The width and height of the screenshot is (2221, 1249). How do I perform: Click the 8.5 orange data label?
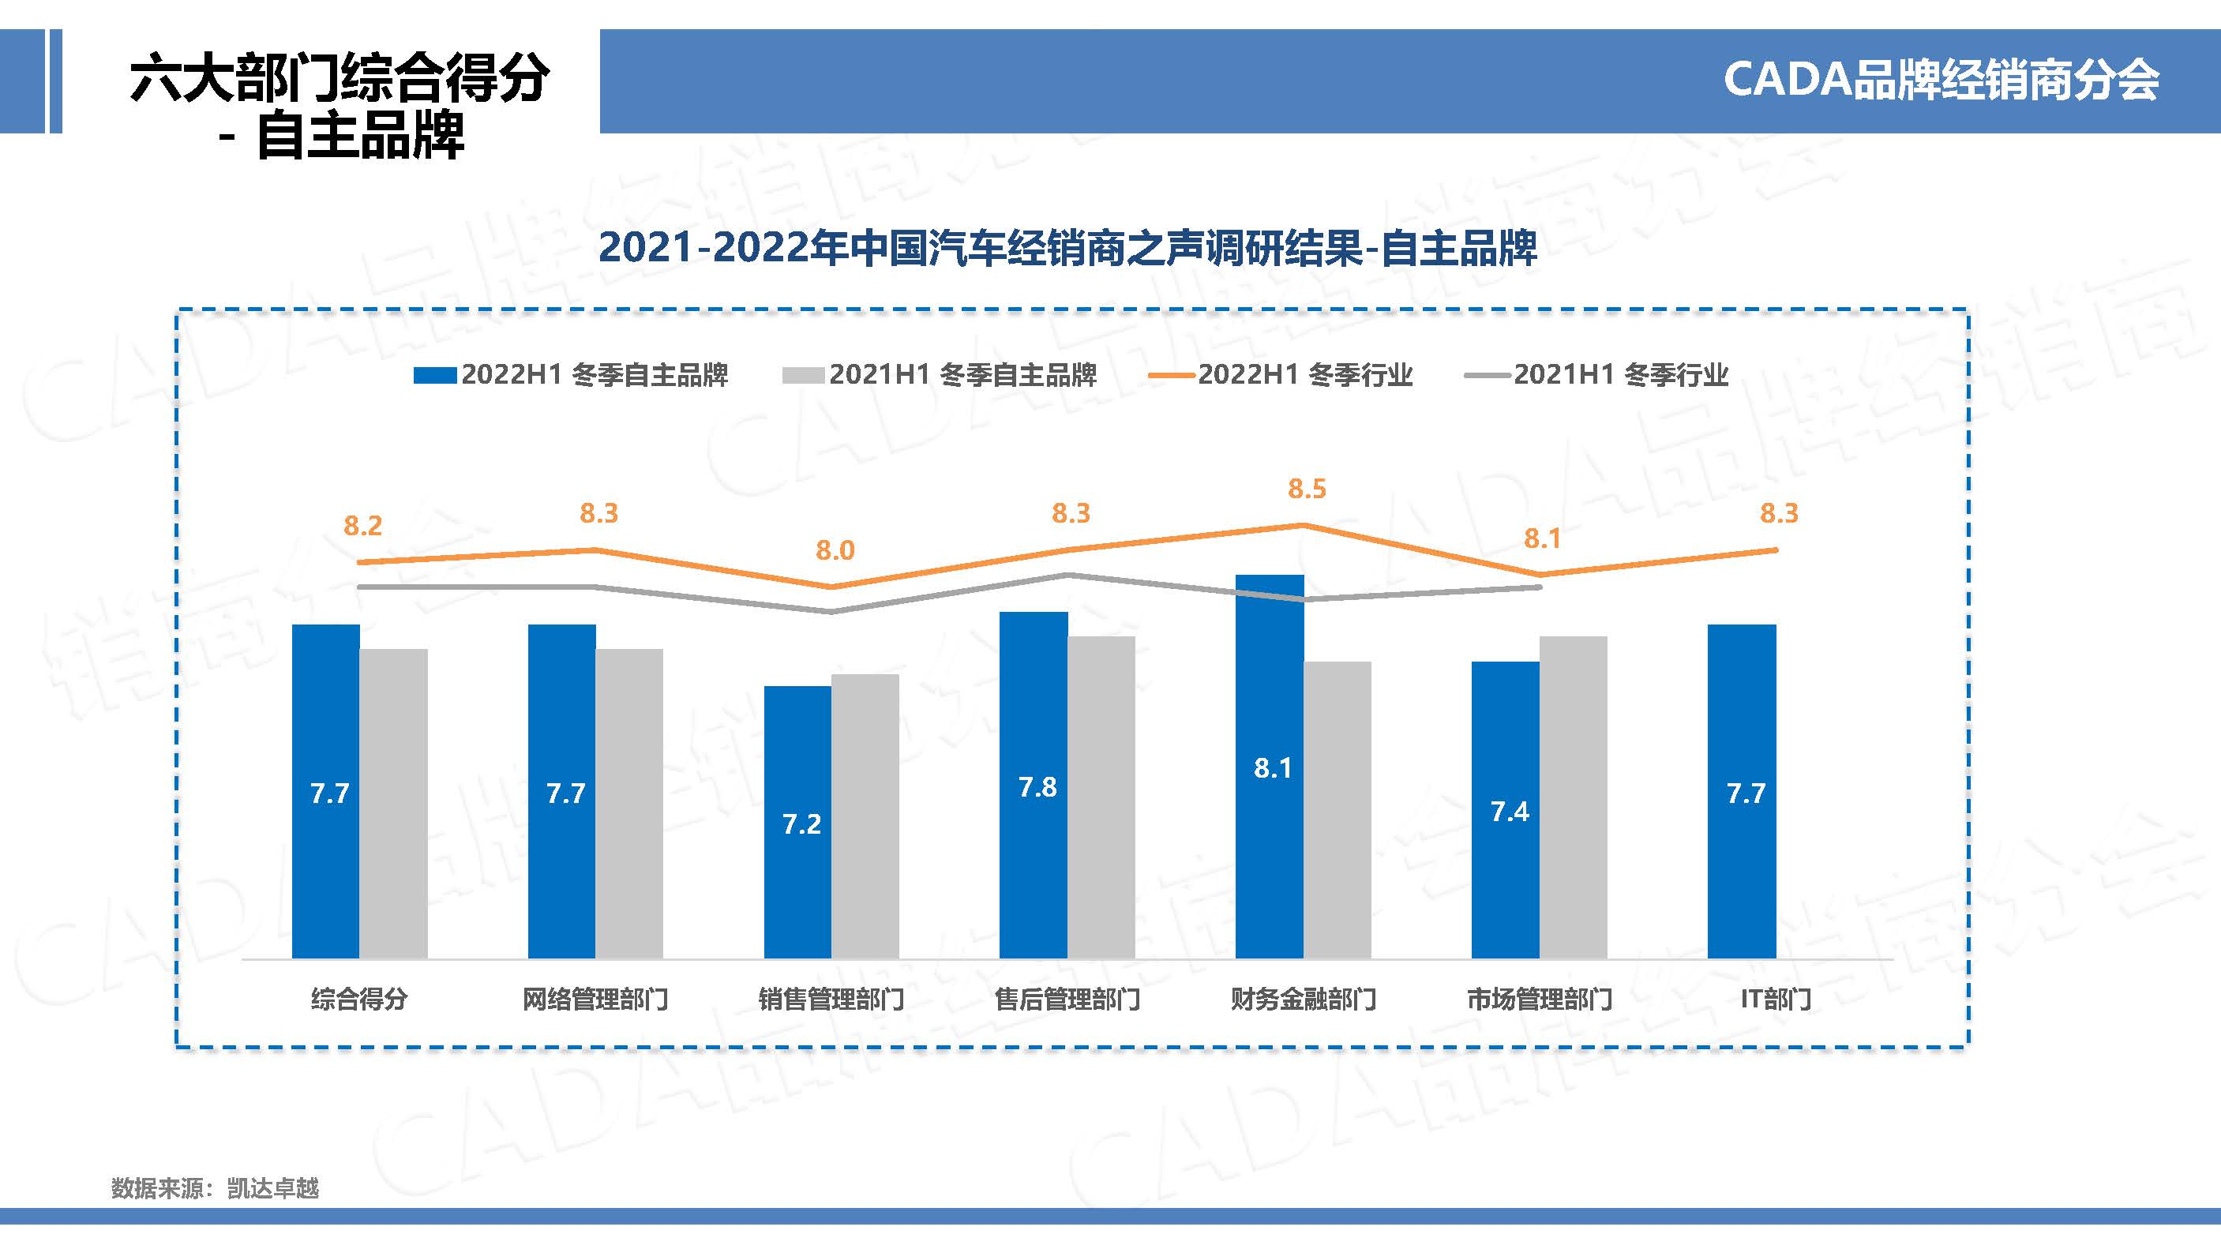1307,489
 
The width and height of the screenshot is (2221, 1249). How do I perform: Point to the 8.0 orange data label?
835,551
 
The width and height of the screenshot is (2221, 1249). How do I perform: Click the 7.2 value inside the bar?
801,825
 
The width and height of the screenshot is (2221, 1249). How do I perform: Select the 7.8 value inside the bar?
1037,787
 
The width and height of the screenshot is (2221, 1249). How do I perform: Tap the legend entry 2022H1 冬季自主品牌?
572,375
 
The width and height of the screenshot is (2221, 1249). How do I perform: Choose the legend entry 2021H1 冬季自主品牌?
940,375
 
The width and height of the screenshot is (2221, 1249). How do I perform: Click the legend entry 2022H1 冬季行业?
1281,375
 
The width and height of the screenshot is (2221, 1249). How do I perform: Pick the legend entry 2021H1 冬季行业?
1596,375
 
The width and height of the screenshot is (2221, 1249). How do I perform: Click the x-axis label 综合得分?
359,1000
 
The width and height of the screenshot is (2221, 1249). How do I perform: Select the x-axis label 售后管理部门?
1067,1000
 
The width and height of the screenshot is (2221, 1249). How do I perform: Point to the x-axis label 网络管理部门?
595,1000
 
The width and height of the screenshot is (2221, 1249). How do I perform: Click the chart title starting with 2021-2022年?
1067,248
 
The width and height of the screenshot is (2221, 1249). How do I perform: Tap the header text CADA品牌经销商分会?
1941,81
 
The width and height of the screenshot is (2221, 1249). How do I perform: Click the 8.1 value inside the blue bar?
1273,768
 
